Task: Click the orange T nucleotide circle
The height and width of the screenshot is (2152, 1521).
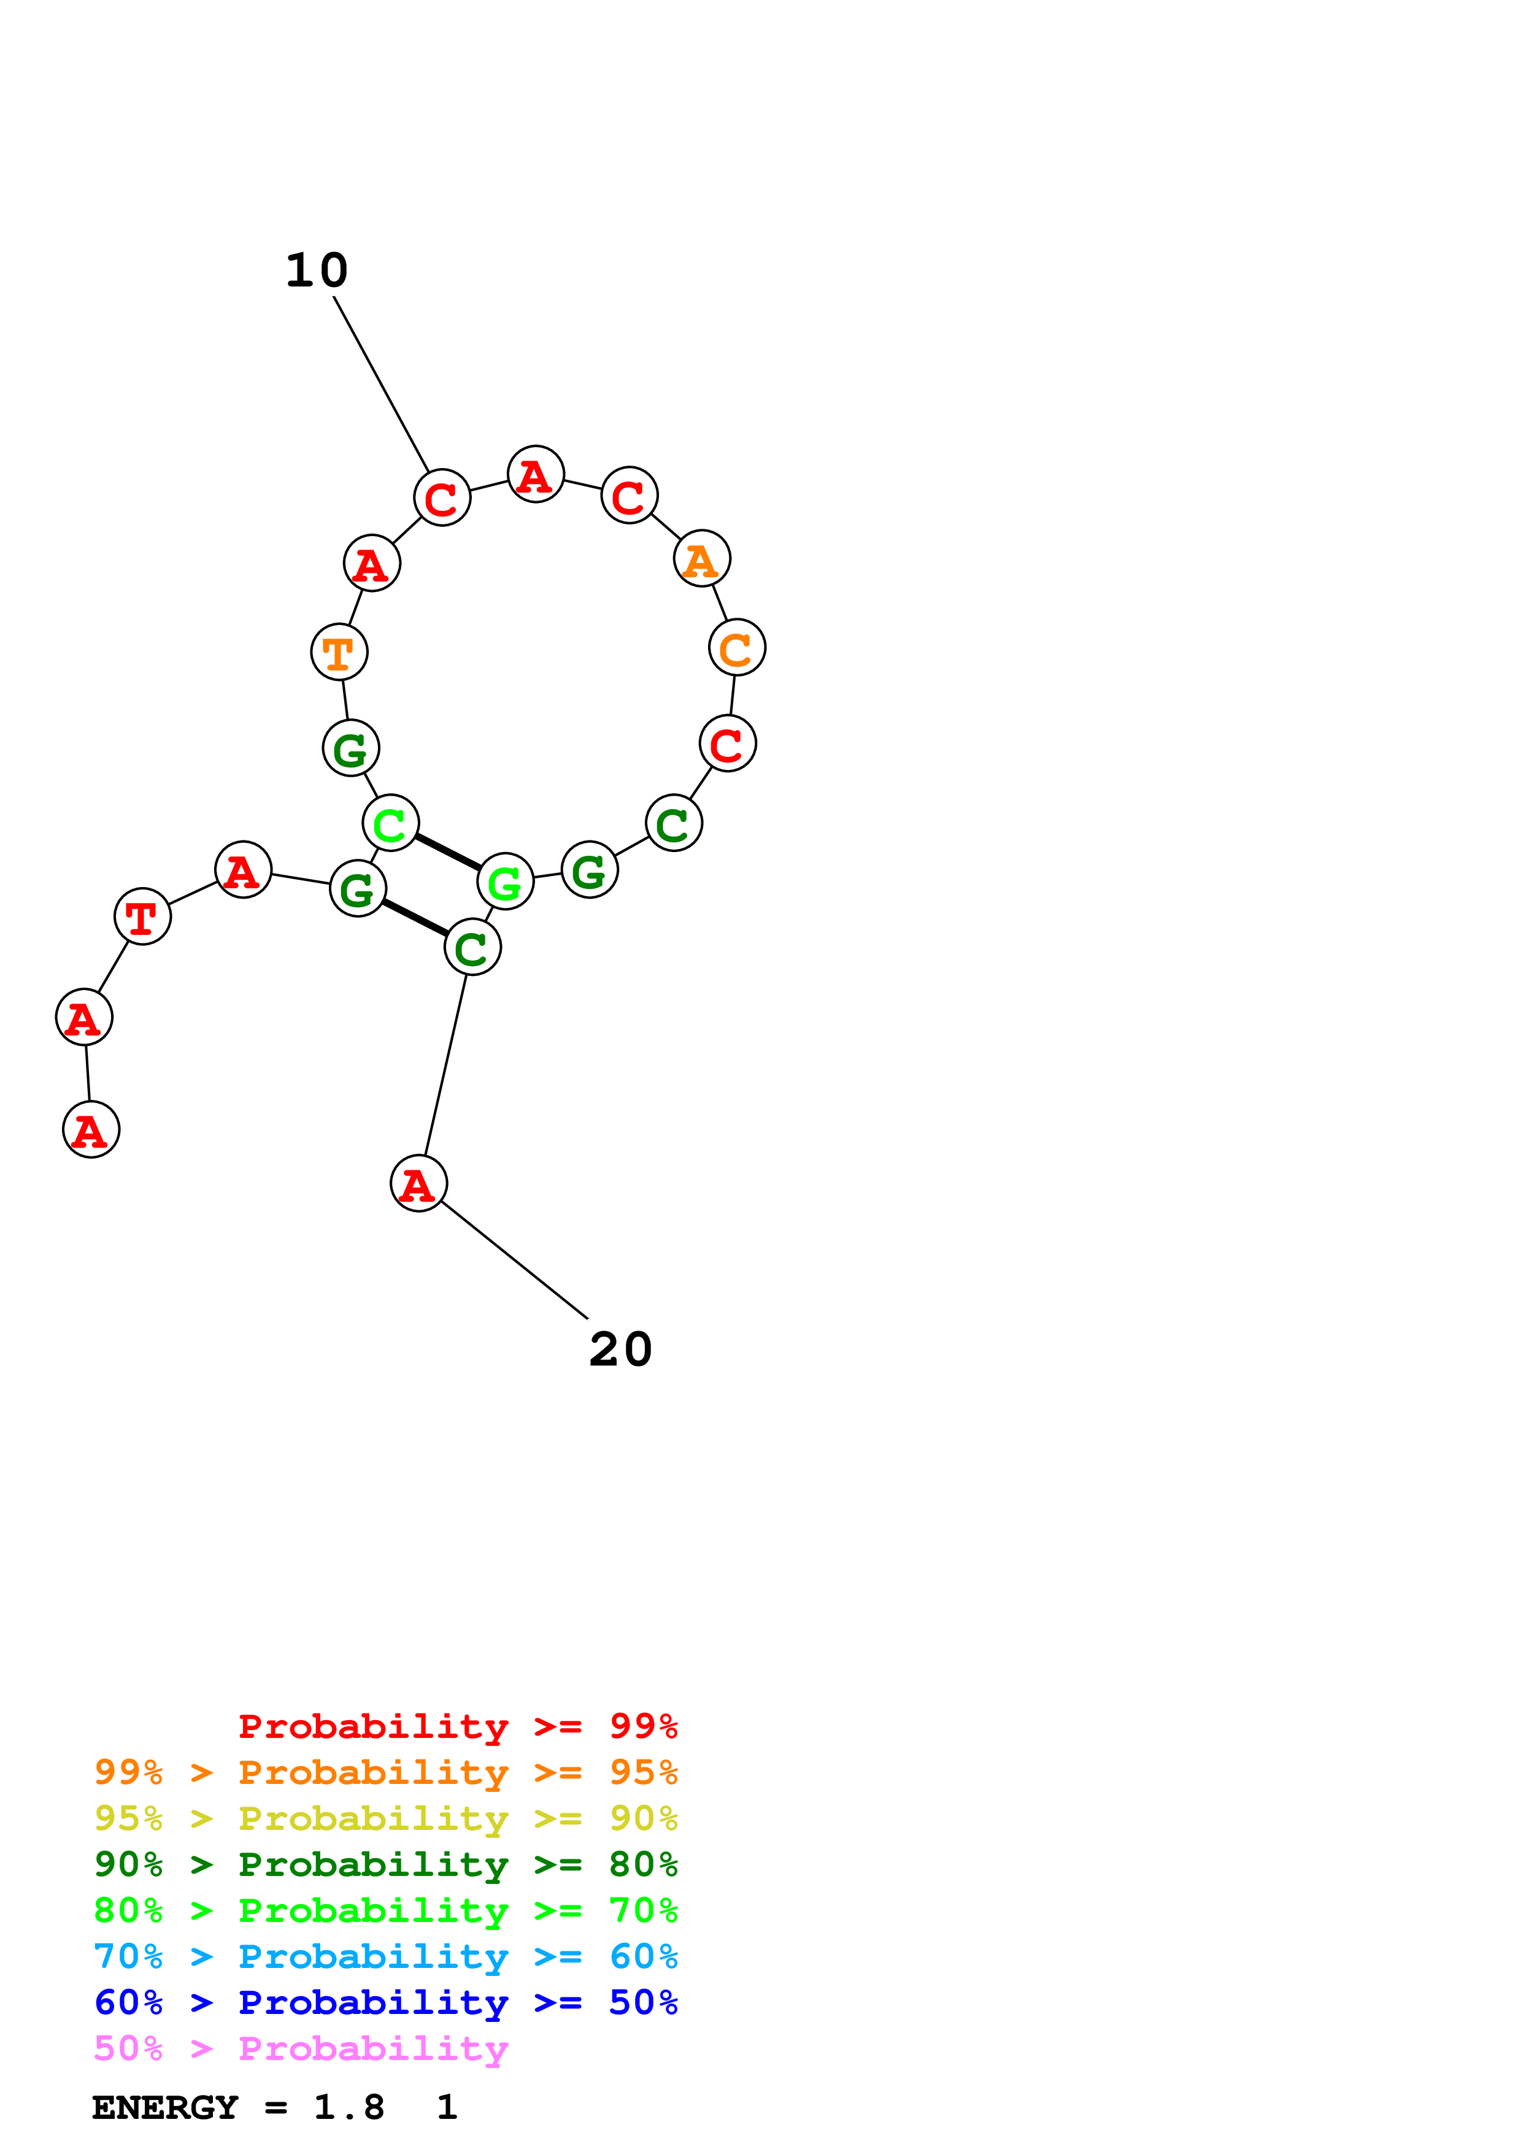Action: [x=338, y=651]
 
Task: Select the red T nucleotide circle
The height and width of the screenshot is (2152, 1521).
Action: [x=142, y=916]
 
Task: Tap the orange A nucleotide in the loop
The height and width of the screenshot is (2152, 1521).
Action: [x=701, y=559]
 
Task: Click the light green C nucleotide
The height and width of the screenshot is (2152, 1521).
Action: [x=390, y=823]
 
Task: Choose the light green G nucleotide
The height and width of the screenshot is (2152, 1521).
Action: [x=505, y=881]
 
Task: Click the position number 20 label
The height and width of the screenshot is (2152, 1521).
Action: [x=620, y=1350]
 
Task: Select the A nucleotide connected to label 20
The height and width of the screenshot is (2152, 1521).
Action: [x=418, y=1183]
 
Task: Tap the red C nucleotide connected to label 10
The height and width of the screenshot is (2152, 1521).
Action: [x=441, y=497]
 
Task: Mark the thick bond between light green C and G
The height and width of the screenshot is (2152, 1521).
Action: [x=448, y=852]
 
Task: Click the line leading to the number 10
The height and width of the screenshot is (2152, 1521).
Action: [x=382, y=384]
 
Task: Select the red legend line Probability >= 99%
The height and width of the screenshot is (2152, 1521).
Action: [x=457, y=1726]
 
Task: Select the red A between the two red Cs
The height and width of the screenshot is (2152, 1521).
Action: [x=535, y=474]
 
